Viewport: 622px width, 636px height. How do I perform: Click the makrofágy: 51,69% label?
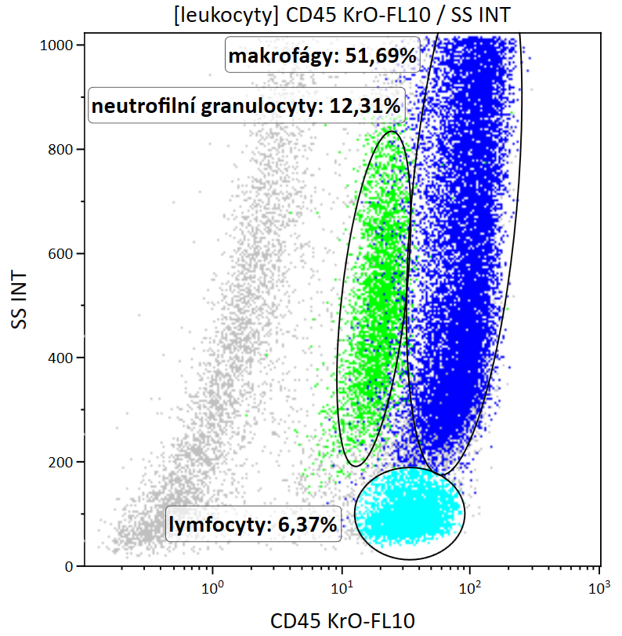pyautogui.click(x=322, y=56)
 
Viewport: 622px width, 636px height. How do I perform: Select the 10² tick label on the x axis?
pyautogui.click(x=470, y=587)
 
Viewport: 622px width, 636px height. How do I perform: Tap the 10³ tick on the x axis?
pyautogui.click(x=599, y=587)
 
